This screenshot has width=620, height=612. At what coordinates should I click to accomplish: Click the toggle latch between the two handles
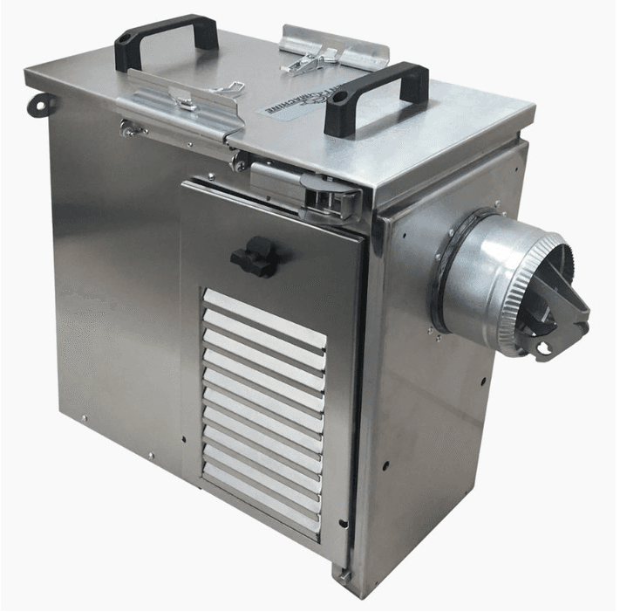click(x=303, y=60)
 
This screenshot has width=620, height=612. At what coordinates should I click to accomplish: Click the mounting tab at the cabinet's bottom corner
click(x=344, y=576)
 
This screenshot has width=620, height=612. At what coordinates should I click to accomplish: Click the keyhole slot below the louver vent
click(x=343, y=525)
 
